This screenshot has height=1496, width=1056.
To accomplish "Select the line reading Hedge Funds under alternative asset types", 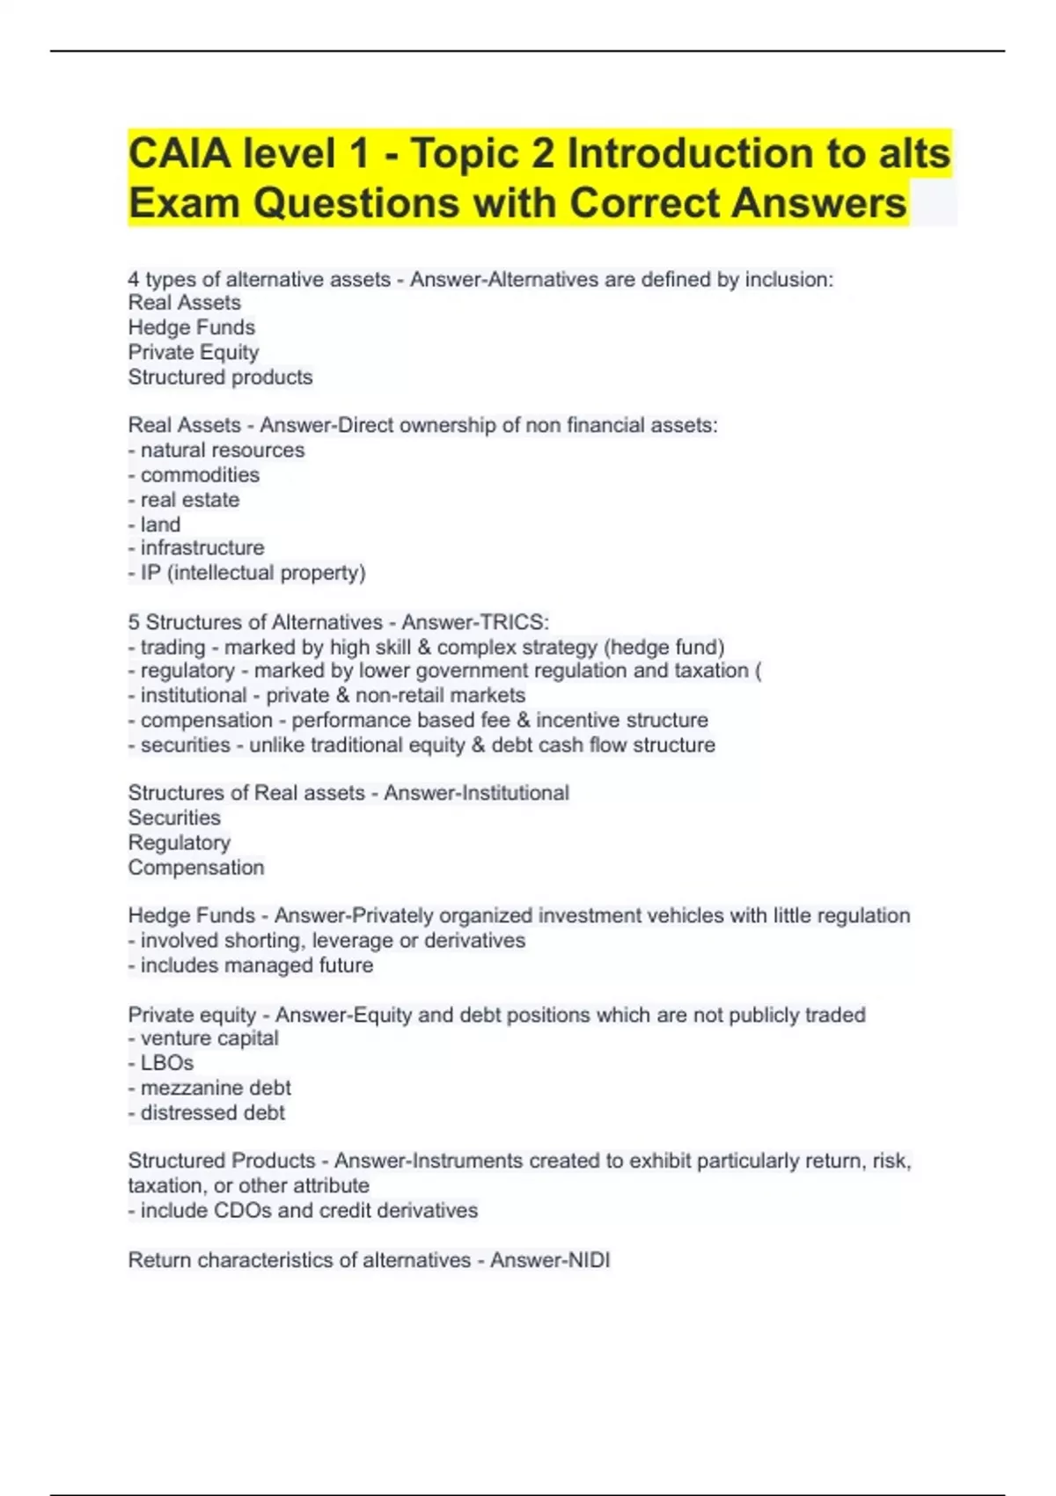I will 192,327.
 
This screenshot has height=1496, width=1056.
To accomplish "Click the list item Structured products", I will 220,377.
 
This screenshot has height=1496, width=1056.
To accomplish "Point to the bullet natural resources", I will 223,450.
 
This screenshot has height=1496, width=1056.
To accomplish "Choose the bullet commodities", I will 200,474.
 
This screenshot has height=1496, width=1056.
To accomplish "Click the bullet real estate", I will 190,499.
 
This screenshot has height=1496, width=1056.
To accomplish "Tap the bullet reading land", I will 160,524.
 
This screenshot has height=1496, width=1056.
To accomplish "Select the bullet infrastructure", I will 202,547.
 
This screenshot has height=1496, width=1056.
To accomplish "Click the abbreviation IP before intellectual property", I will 150,573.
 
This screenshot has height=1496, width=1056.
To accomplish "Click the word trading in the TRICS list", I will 172,647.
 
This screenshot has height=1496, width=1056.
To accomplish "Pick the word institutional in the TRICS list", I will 194,695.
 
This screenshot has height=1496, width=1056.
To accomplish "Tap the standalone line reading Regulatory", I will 180,842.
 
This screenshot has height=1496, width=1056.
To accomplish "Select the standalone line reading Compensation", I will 196,867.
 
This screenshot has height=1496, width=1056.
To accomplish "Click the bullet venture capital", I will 209,1038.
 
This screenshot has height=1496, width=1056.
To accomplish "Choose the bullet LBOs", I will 167,1063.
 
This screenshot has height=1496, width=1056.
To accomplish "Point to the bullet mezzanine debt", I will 216,1088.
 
